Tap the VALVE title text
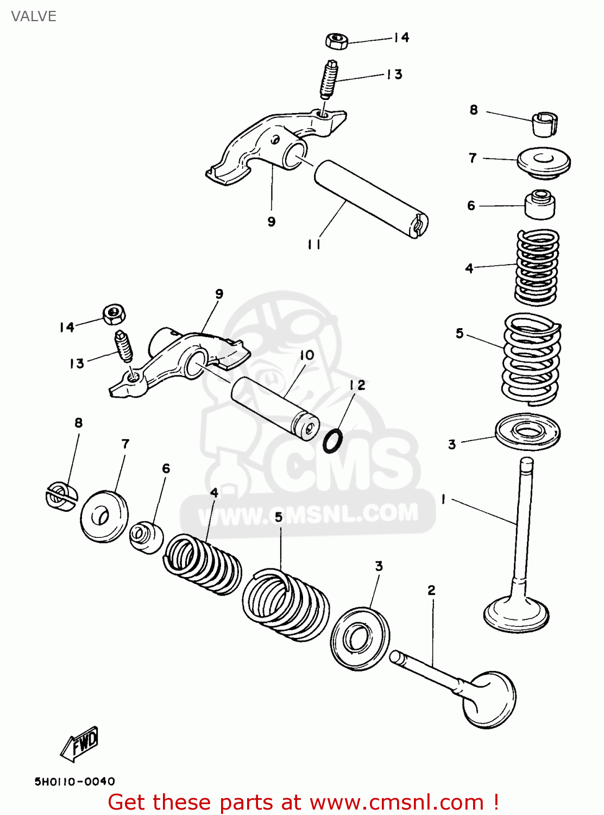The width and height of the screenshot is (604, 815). click(x=34, y=16)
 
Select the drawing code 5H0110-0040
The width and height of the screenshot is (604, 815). click(x=75, y=781)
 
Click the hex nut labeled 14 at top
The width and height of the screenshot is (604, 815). click(x=337, y=41)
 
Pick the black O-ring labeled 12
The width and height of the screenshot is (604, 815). click(x=332, y=441)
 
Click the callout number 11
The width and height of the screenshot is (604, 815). click(x=314, y=244)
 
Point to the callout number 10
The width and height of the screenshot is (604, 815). click(x=307, y=355)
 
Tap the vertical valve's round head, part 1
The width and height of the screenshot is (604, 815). click(x=517, y=614)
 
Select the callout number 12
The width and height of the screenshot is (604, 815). click(x=357, y=385)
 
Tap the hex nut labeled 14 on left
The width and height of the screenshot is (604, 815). click(x=114, y=314)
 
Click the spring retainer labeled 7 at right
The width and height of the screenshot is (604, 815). click(x=543, y=161)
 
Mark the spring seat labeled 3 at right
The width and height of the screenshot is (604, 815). click(x=527, y=432)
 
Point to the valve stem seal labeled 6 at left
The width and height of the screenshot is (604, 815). click(x=146, y=536)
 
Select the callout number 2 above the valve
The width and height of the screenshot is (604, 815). click(x=431, y=590)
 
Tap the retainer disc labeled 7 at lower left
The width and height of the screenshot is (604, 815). click(x=104, y=516)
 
